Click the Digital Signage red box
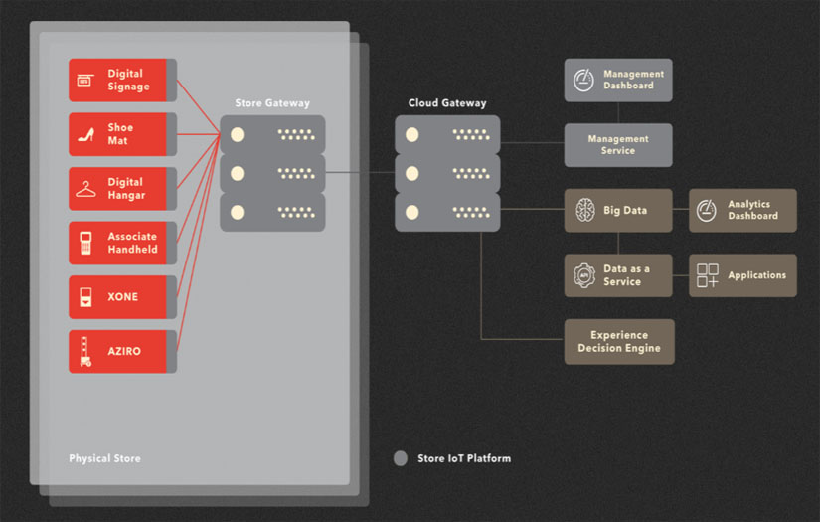pos(117,80)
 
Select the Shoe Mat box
pos(117,134)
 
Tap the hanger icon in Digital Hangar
pos(86,189)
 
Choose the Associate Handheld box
pos(117,243)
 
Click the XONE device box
pos(117,297)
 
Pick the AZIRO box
pos(117,351)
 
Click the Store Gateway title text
pos(272,103)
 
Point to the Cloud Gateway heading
pos(447,103)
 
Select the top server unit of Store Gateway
pos(272,134)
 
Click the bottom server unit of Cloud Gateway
pos(447,212)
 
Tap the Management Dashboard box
pos(618,80)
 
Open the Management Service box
pos(618,145)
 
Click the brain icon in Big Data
pos(584,210)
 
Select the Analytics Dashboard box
pos(742,210)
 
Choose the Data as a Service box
pos(618,275)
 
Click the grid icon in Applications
pos(708,275)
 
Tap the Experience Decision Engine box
pos(618,341)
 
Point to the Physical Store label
pos(104,459)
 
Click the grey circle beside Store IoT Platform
pos(401,458)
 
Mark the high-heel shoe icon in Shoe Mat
pos(86,134)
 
